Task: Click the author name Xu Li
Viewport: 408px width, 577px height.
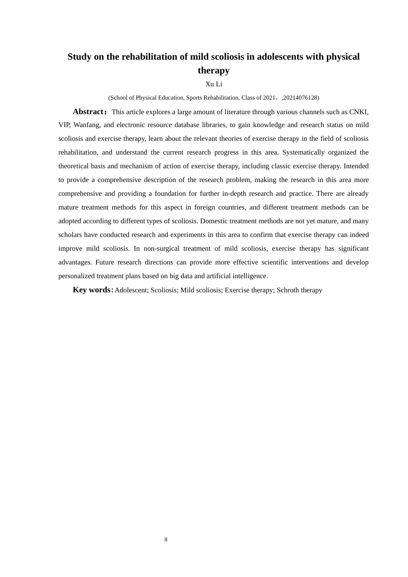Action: point(213,84)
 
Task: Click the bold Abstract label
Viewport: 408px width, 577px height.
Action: point(88,112)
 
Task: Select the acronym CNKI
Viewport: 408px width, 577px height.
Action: point(359,112)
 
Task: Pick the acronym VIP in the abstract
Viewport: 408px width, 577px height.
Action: point(64,125)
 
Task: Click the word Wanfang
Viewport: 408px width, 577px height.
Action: point(86,125)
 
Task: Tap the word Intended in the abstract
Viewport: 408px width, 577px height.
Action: point(356,166)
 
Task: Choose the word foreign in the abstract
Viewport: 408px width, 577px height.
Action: point(204,207)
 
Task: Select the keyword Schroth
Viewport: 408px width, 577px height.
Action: point(288,290)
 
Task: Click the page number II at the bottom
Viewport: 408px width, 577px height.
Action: point(166,540)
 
